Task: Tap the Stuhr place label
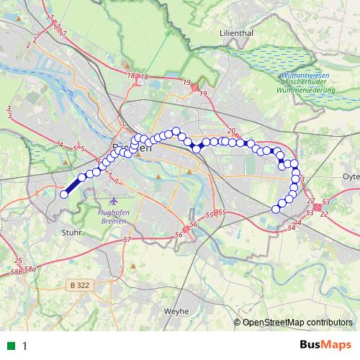(x=72, y=233)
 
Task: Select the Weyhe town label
(x=176, y=310)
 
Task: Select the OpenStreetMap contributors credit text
(x=297, y=322)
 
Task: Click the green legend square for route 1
(x=12, y=346)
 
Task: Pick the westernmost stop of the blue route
(x=63, y=194)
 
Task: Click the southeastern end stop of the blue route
(x=275, y=209)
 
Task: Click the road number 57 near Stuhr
(x=127, y=239)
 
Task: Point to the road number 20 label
(x=231, y=131)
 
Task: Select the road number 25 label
(x=18, y=261)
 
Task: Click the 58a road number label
(x=30, y=269)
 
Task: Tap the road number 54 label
(x=292, y=228)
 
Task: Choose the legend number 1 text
(x=24, y=346)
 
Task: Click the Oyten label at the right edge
(x=351, y=175)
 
